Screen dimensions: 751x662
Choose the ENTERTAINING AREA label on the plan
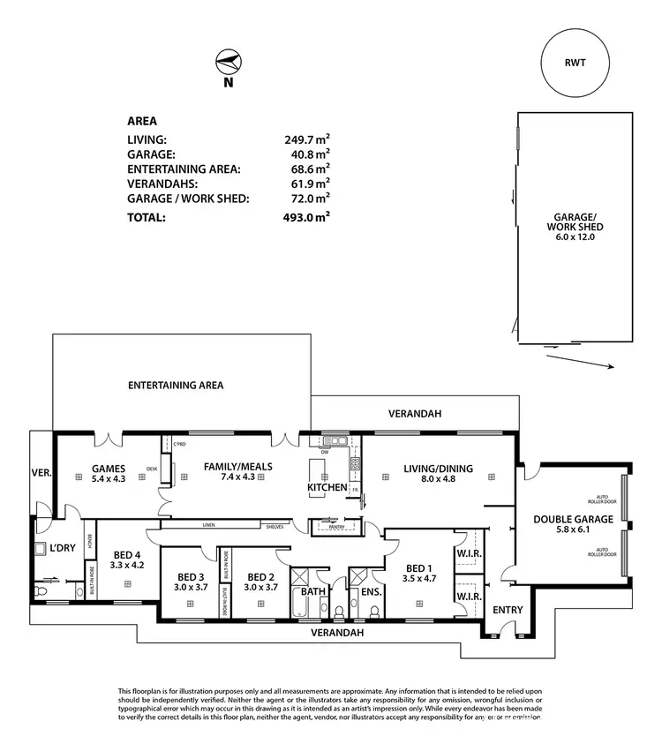[176, 386]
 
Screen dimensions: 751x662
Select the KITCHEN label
[327, 487]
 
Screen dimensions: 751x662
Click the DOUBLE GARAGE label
[572, 520]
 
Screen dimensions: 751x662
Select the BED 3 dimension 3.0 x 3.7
[190, 587]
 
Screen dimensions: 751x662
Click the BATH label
[313, 591]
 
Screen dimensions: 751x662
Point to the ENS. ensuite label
[371, 591]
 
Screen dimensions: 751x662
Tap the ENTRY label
[508, 610]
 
